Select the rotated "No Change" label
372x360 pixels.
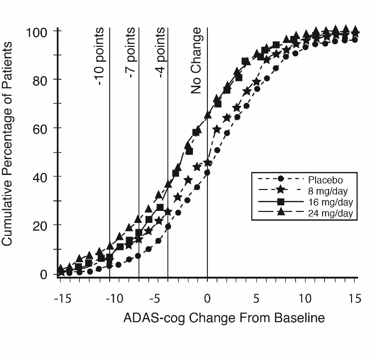pyautogui.click(x=197, y=61)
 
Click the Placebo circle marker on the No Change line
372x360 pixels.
pyautogui.click(x=207, y=173)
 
